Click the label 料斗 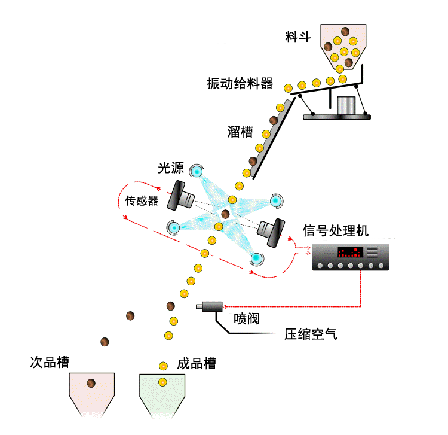pyautogui.click(x=299, y=38)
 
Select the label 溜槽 pyautogui.click(x=240, y=132)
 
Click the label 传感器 pyautogui.click(x=142, y=200)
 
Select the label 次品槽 pyautogui.click(x=50, y=363)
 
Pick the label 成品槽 pyautogui.click(x=197, y=363)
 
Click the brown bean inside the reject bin pyautogui.click(x=91, y=384)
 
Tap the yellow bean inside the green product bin pyautogui.click(x=162, y=382)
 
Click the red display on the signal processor pyautogui.click(x=349, y=252)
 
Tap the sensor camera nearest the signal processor pyautogui.click(x=272, y=232)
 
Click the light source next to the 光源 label pyautogui.click(x=197, y=172)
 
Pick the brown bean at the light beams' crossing pyautogui.click(x=225, y=214)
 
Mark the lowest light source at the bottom pyautogui.click(x=256, y=258)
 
